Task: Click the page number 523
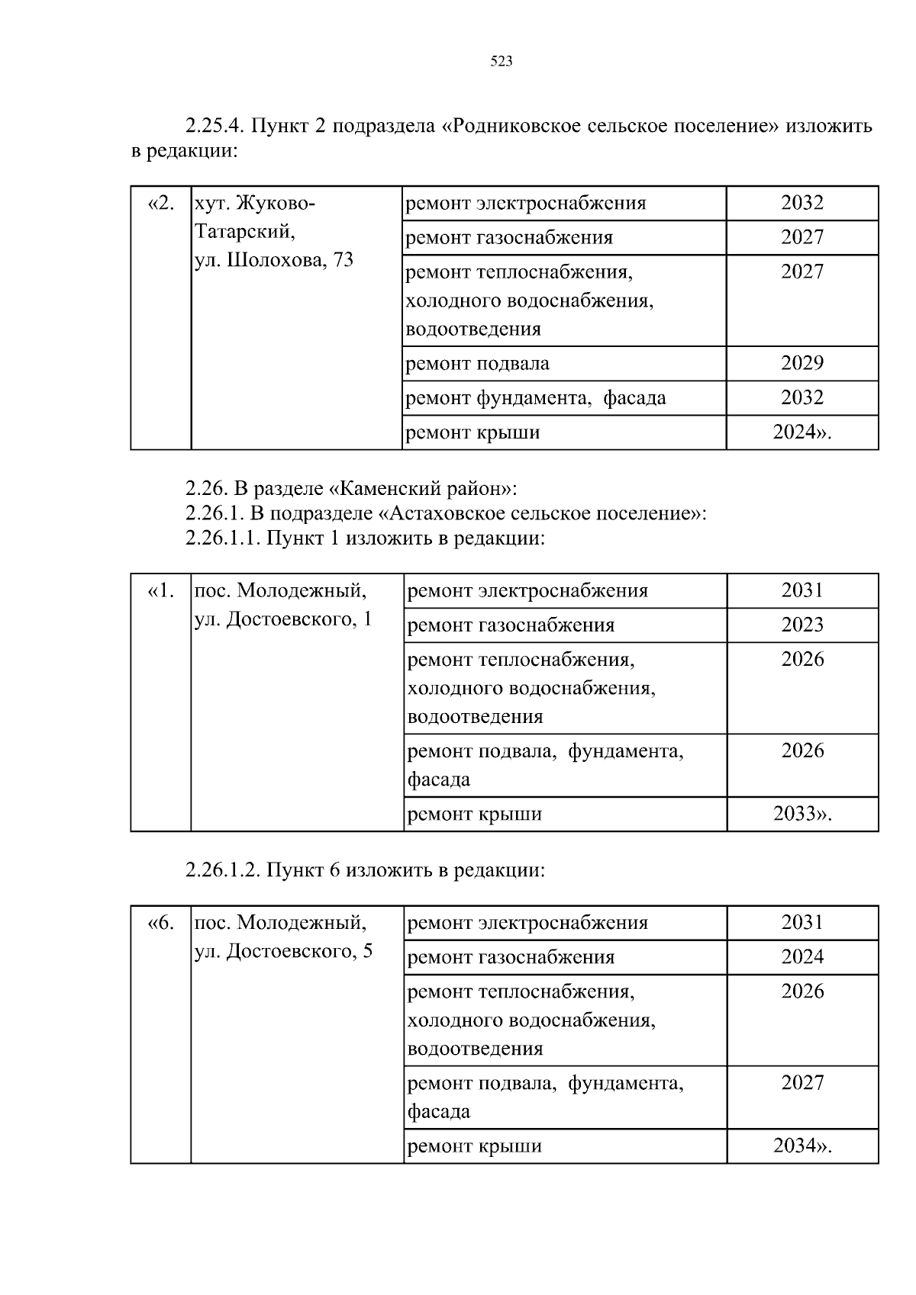tap(501, 62)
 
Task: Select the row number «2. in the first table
tap(160, 204)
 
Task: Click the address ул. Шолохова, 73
tap(274, 260)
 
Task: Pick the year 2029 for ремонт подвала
tap(801, 363)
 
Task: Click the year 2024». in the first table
tap(801, 432)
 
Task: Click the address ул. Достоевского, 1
tap(283, 619)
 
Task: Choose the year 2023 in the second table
tap(802, 625)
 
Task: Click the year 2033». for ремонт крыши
tap(802, 814)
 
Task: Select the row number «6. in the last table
tap(160, 923)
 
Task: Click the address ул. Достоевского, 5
tap(283, 951)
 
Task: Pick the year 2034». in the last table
tap(802, 1146)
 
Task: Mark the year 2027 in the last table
tap(802, 1082)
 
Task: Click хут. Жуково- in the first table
tap(254, 204)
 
